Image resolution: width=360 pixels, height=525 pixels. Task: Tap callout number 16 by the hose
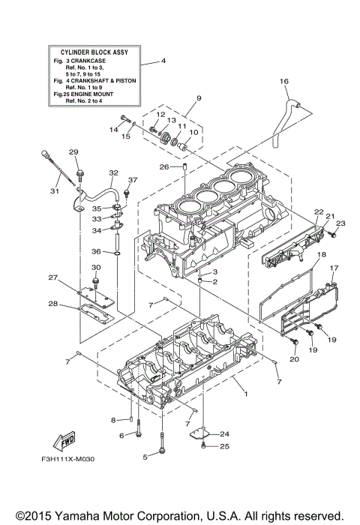pyautogui.click(x=284, y=81)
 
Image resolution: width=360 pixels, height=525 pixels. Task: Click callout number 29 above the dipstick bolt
pyautogui.click(x=74, y=152)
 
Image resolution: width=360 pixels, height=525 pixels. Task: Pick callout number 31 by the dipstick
pyautogui.click(x=54, y=190)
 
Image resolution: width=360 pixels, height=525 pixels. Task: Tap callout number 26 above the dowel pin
pyautogui.click(x=164, y=166)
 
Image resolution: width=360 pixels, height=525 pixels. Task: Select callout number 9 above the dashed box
pyautogui.click(x=178, y=98)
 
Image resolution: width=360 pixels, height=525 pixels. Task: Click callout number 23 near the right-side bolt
pyautogui.click(x=339, y=223)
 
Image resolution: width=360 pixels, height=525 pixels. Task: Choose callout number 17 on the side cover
pyautogui.click(x=334, y=268)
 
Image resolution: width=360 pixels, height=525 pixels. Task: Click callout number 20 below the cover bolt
pyautogui.click(x=294, y=360)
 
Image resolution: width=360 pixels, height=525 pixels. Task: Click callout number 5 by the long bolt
pyautogui.click(x=145, y=456)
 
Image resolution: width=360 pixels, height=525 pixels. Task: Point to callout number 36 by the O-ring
pyautogui.click(x=96, y=251)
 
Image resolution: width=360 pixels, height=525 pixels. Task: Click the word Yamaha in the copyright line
pyautogui.click(x=100, y=516)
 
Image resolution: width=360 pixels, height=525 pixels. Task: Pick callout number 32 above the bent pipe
pyautogui.click(x=113, y=172)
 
